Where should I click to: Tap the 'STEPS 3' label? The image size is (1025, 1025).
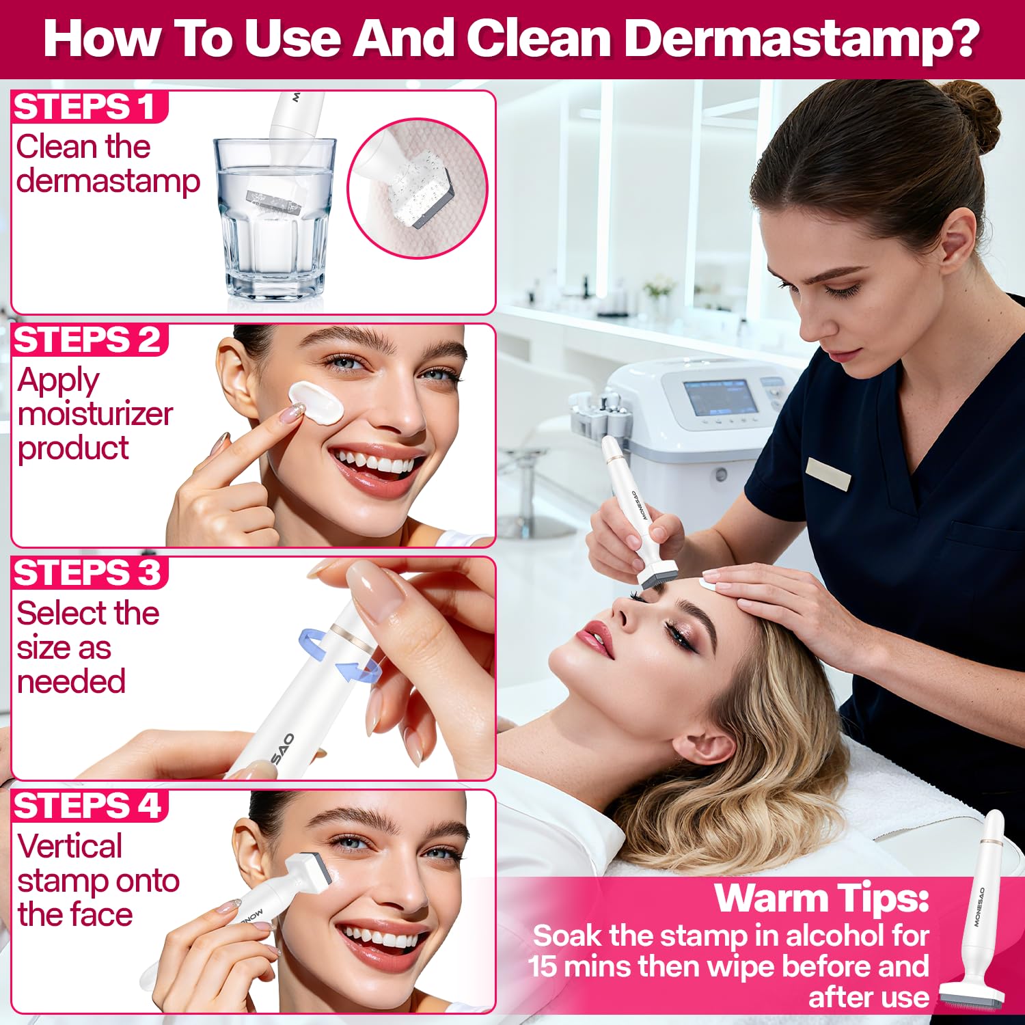[x=87, y=573]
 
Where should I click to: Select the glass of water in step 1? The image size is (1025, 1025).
[x=275, y=219]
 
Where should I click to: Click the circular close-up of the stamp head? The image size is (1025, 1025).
[x=418, y=188]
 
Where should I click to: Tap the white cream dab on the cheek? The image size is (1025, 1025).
[x=315, y=403]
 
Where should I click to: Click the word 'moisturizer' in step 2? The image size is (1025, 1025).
[x=95, y=413]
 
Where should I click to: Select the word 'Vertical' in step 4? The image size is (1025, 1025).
[x=70, y=846]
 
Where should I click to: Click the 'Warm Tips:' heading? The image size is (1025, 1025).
[x=821, y=898]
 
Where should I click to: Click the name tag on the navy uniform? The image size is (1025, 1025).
[x=828, y=474]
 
